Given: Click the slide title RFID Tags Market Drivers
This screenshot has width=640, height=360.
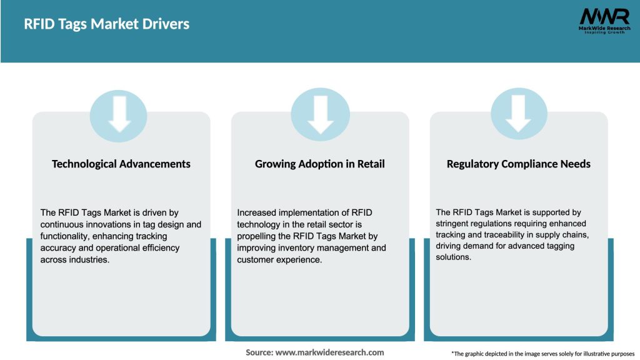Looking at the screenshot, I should tap(106, 24).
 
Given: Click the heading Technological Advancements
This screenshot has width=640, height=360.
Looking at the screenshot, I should tap(121, 164).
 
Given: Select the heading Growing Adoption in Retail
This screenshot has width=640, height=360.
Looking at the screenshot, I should tap(319, 164).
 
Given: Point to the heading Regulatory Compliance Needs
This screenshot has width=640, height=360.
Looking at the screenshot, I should tap(518, 164).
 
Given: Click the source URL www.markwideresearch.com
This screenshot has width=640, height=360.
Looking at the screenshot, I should tap(329, 352).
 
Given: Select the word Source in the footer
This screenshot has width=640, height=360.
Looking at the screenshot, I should tap(259, 352).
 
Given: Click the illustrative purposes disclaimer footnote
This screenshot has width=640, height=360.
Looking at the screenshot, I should tap(542, 354).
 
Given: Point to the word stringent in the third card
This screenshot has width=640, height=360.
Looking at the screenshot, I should tap(457, 224).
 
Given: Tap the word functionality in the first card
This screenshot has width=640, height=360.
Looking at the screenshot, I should tap(67, 236).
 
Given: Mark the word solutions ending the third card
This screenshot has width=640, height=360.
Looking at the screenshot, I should tap(453, 257).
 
